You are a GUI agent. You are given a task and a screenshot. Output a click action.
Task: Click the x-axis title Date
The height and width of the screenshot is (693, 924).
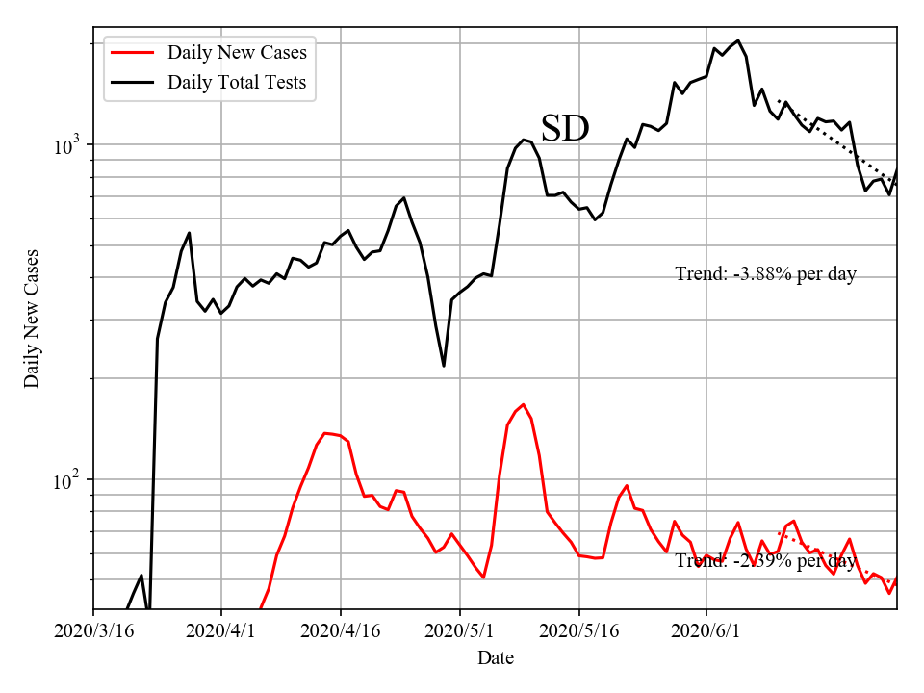click(x=496, y=658)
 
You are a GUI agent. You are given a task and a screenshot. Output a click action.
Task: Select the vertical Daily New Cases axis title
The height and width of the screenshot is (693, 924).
click(x=32, y=319)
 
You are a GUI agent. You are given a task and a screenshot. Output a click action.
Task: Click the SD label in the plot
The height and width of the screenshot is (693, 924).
click(x=564, y=128)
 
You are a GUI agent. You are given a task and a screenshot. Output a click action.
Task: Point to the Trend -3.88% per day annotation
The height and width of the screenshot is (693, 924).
click(x=765, y=274)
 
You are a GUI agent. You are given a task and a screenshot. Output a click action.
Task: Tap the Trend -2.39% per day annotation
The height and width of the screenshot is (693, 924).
click(x=765, y=561)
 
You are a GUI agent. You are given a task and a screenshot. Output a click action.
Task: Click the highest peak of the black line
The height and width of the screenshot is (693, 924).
click(x=738, y=40)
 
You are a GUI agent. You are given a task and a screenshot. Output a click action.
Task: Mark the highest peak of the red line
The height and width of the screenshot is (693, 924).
click(x=523, y=404)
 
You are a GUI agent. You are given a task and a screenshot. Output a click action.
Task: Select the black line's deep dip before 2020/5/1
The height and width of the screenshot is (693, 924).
click(x=444, y=366)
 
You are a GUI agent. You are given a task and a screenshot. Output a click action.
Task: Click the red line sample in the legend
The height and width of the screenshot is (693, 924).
click(x=134, y=52)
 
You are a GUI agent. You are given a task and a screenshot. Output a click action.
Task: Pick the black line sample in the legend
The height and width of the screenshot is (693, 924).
click(x=134, y=83)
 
